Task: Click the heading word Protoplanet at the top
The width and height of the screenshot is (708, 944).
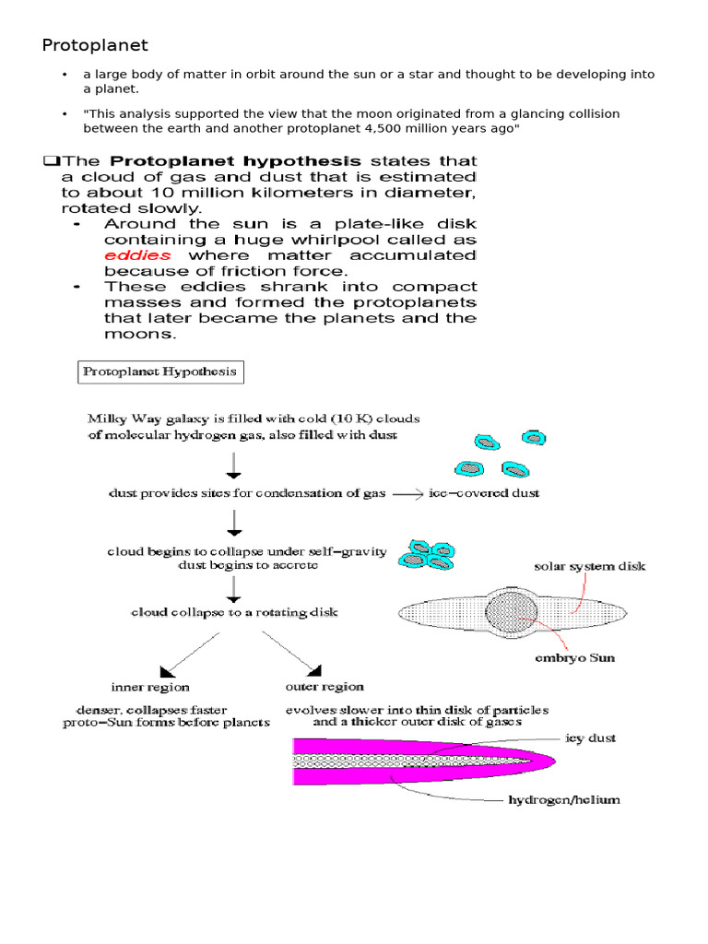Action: (95, 45)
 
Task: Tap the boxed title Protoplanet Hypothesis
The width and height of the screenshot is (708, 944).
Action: (159, 373)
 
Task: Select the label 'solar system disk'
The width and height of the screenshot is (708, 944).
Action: (590, 567)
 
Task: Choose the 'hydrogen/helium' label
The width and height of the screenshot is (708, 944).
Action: (564, 800)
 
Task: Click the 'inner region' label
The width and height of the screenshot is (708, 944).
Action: (150, 687)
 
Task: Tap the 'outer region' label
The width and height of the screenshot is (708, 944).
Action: (324, 687)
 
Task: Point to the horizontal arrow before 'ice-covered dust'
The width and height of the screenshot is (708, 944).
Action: (407, 494)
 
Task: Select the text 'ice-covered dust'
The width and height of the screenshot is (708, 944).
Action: (484, 493)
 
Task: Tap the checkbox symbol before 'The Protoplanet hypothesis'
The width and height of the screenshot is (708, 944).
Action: (50, 161)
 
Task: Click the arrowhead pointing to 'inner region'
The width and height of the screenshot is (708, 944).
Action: (167, 670)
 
